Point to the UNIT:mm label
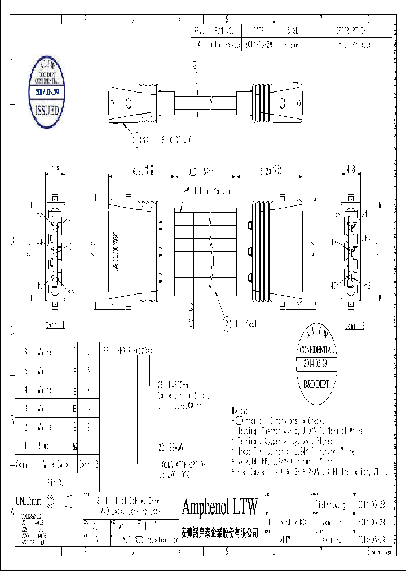tap(29, 500)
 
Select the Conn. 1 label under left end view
tap(55, 325)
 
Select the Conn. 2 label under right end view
tap(355, 326)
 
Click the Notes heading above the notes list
tap(240, 410)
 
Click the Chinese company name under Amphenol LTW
tap(219, 532)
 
